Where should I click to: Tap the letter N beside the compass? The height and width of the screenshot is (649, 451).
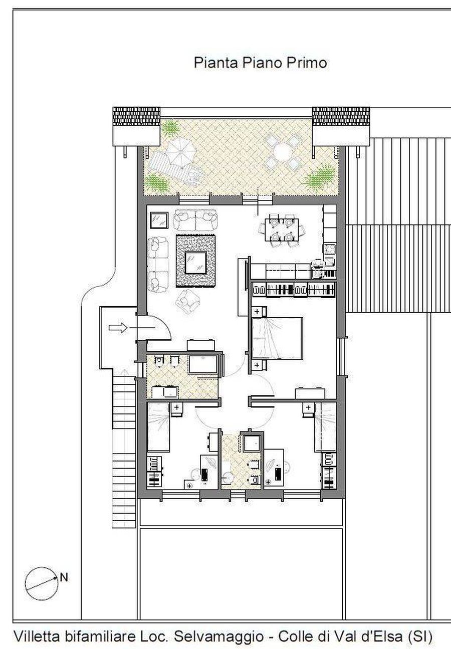[x=64, y=577]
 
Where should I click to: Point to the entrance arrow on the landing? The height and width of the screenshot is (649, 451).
[x=118, y=328]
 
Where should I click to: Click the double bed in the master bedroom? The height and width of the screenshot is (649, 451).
[x=277, y=338]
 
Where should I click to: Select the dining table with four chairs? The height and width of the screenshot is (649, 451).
[x=282, y=230]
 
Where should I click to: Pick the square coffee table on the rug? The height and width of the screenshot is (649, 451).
[x=196, y=263]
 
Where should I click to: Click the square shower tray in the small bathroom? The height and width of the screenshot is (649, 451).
[x=252, y=444]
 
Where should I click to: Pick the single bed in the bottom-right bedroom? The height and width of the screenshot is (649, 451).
[x=325, y=427]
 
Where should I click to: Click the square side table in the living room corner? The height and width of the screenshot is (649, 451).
[x=159, y=221]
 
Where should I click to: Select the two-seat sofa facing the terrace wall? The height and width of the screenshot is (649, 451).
[x=195, y=220]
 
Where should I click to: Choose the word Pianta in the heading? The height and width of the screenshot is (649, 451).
[x=215, y=63]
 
